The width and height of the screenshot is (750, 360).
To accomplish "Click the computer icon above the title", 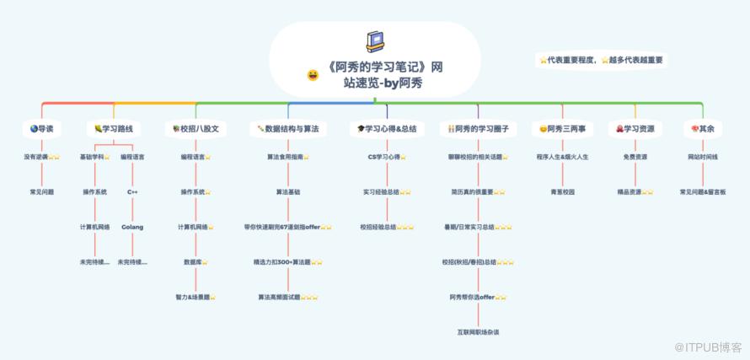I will click(x=375, y=41).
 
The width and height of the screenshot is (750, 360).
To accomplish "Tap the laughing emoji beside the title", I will click(x=313, y=76).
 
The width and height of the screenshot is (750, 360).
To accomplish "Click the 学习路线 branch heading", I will click(x=114, y=129).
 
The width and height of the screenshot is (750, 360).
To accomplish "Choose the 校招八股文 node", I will click(x=196, y=129).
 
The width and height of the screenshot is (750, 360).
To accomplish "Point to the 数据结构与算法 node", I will click(x=287, y=129).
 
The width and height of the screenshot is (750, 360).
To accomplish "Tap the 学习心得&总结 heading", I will click(x=387, y=129).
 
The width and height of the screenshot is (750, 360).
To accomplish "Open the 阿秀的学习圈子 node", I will click(x=478, y=129).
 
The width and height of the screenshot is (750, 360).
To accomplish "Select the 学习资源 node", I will click(x=635, y=129).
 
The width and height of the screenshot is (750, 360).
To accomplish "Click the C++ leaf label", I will click(x=132, y=191).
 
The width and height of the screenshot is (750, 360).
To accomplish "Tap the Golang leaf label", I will click(x=132, y=227).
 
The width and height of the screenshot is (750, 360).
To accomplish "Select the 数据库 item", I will click(x=196, y=262).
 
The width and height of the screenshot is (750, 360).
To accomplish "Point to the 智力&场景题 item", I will click(x=196, y=297).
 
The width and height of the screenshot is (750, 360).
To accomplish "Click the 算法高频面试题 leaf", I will click(x=287, y=297).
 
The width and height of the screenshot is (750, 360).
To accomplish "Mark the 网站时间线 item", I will click(x=702, y=157).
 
